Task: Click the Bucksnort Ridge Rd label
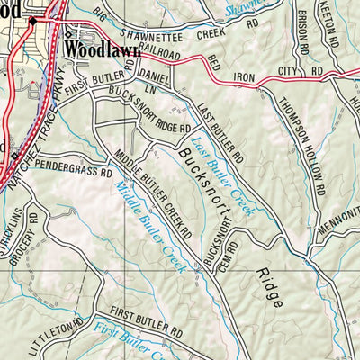(x=143, y=113)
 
